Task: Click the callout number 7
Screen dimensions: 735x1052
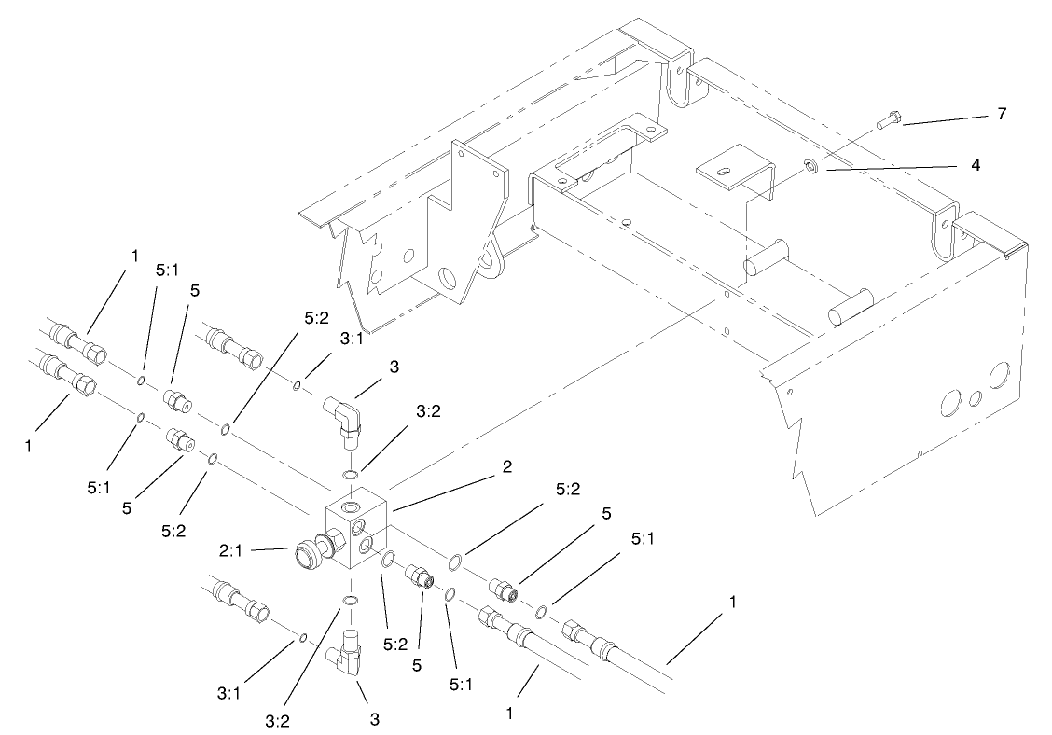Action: (x=1001, y=114)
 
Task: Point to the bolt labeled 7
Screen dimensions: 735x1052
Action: (x=889, y=119)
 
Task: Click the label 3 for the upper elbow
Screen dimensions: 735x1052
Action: (x=394, y=367)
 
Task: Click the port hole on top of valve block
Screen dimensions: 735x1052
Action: (x=350, y=506)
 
